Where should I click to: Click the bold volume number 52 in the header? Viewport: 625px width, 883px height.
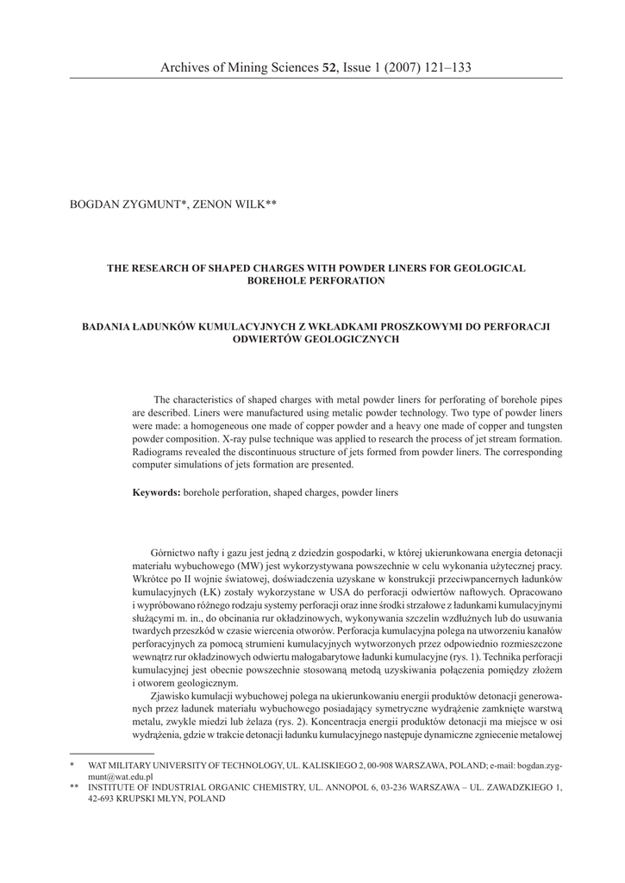click(328, 66)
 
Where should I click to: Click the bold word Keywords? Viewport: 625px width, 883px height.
click(156, 492)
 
